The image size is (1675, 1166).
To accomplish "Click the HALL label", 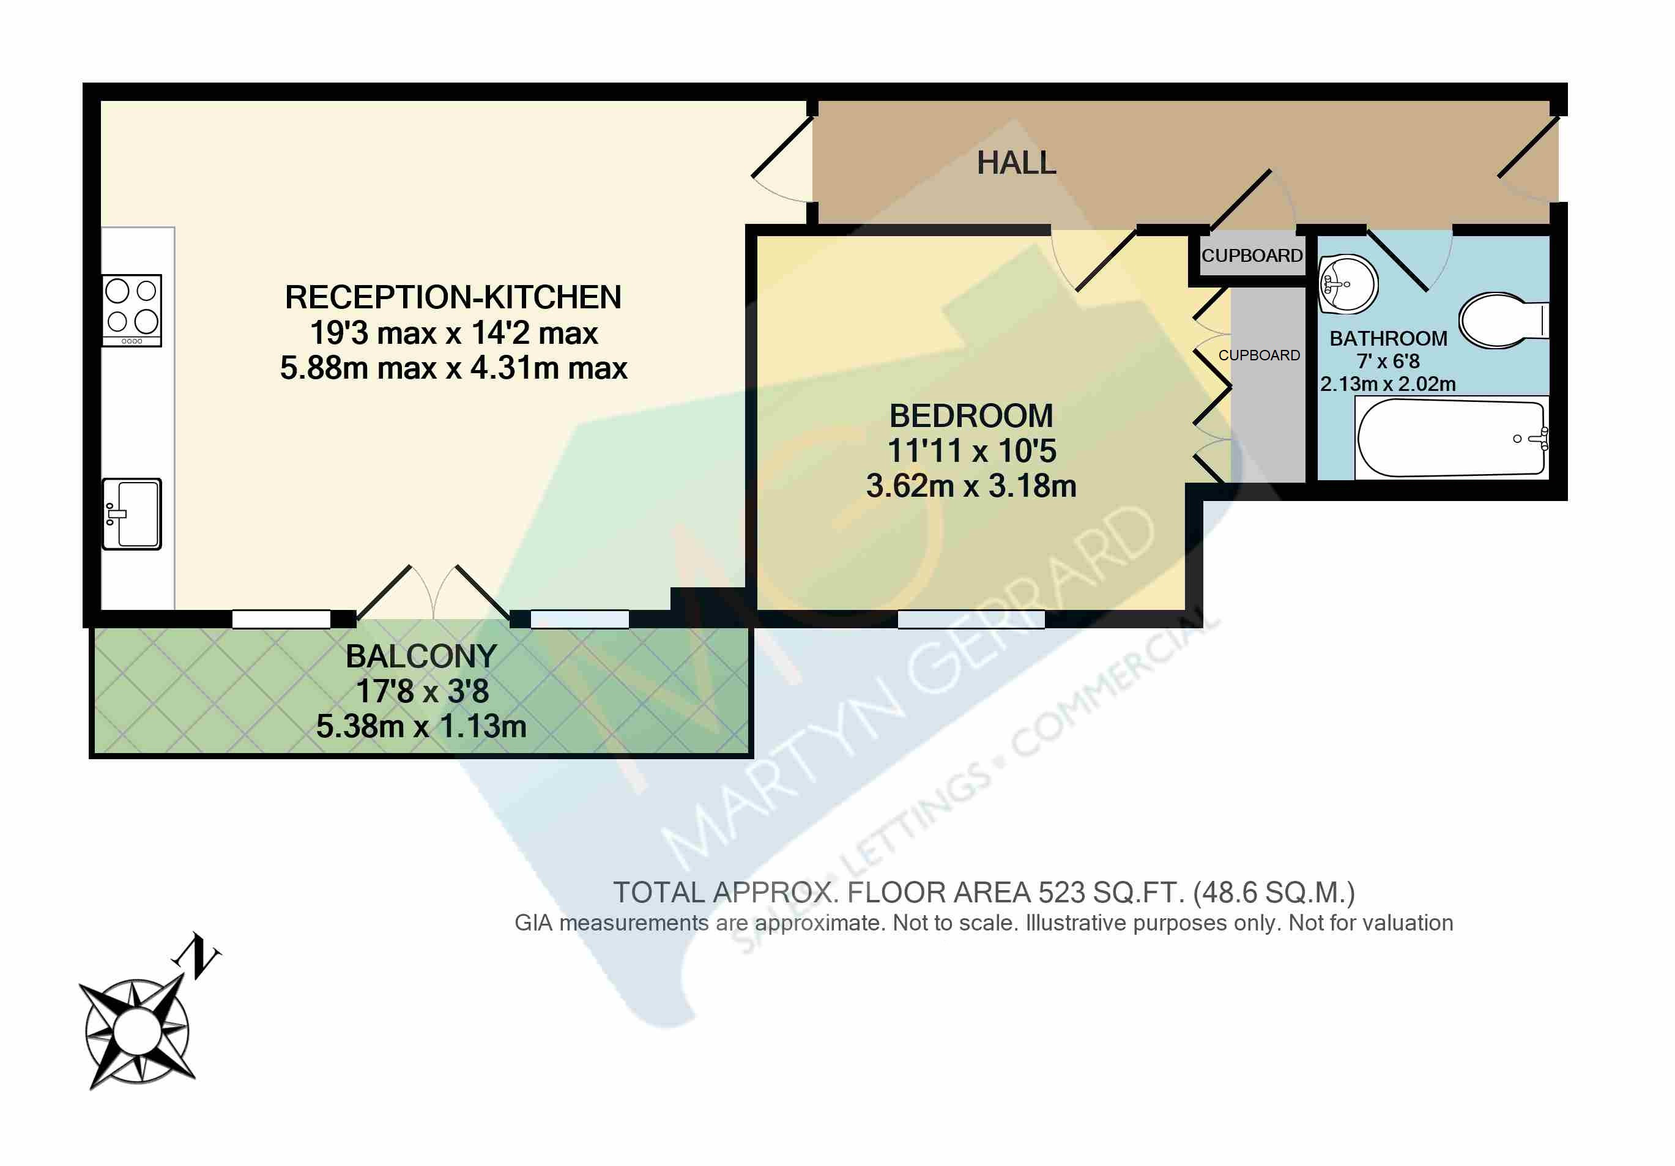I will [x=1016, y=163].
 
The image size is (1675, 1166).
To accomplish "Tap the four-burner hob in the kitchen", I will [x=132, y=310].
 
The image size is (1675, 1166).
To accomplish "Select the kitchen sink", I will [x=132, y=514].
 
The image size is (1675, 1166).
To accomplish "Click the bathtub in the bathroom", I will [x=1450, y=438].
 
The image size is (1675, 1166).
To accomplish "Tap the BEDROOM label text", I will [x=971, y=416].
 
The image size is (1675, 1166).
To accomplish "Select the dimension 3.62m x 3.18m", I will [x=971, y=486].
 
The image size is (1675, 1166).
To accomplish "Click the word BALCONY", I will [x=421, y=656].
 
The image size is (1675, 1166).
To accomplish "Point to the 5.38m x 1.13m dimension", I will [x=421, y=726].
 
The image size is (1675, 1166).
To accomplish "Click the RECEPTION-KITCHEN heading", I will [x=453, y=297].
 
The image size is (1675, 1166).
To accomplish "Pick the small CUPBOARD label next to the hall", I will [x=1252, y=255].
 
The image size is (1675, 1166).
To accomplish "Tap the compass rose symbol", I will [x=137, y=1031].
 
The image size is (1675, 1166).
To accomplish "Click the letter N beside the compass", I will [x=197, y=955].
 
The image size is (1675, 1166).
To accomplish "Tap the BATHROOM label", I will [x=1388, y=338].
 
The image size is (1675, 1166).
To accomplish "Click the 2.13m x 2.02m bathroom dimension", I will [x=1387, y=384].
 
